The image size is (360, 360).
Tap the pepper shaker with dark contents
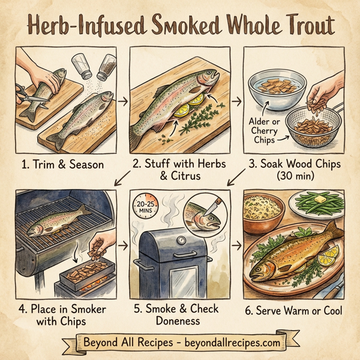tap(107, 67)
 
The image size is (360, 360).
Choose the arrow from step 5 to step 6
tap(236, 246)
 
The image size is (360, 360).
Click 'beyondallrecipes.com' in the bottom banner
tap(226, 343)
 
